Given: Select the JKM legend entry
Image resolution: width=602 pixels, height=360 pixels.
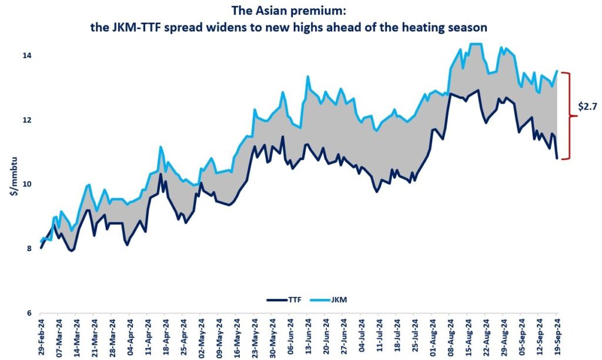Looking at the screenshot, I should tap(336, 300).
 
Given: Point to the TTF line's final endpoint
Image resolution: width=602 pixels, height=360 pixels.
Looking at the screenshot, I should tap(557, 158).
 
